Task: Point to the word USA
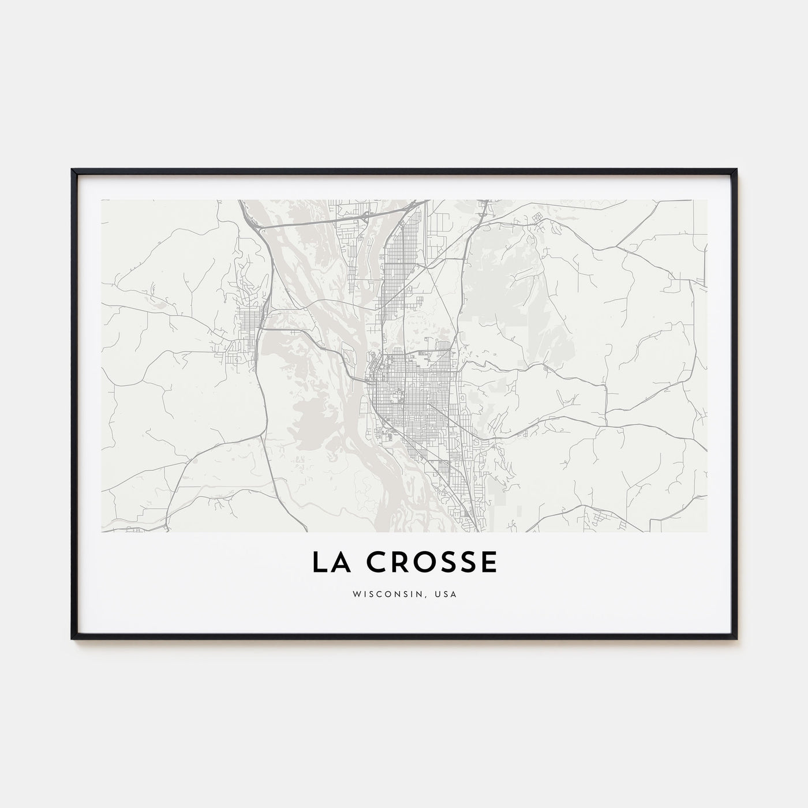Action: [446, 594]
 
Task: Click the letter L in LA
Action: [319, 563]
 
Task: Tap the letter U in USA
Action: [437, 594]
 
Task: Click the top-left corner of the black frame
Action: [72, 170]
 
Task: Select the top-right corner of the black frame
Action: [737, 170]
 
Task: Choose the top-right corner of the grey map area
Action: [707, 200]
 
